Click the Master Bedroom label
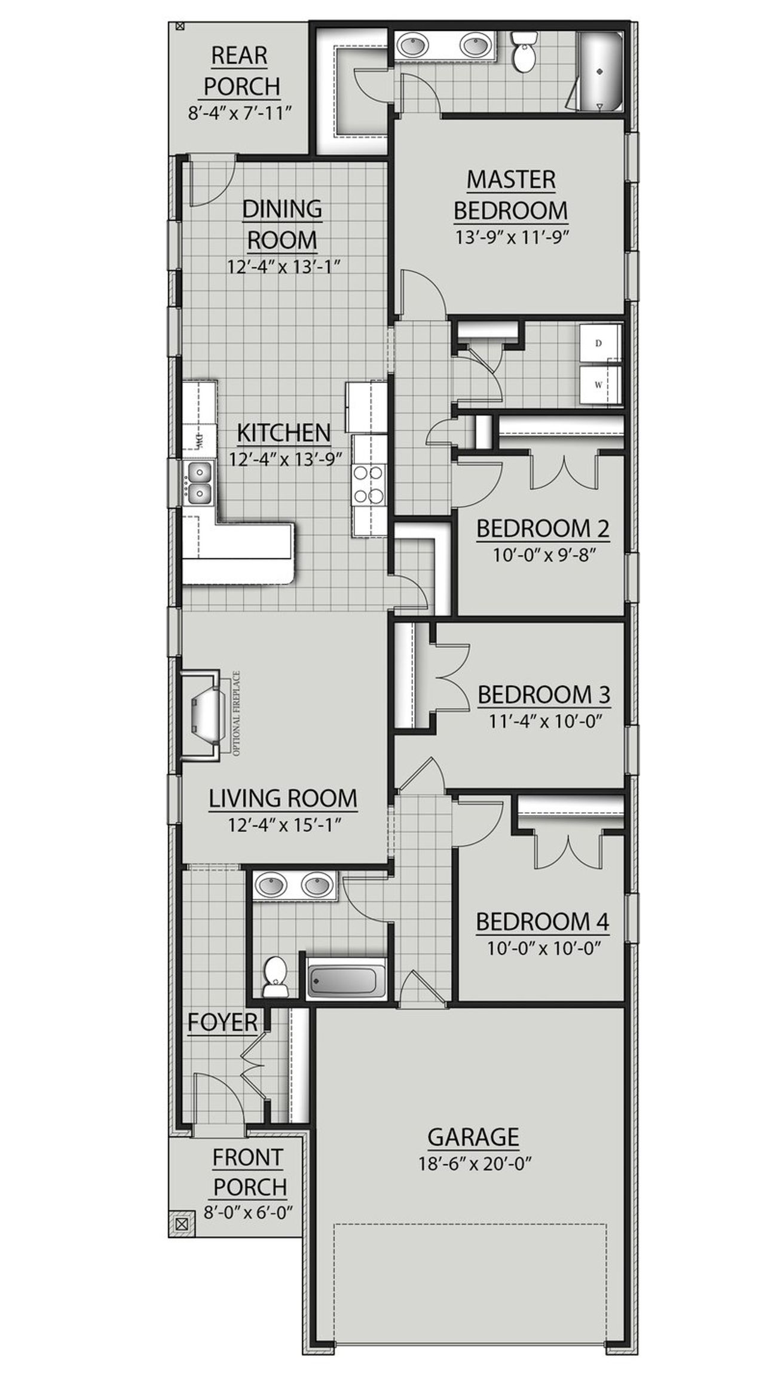[510, 194]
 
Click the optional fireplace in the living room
[203, 716]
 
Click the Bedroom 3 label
[543, 695]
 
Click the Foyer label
[222, 1022]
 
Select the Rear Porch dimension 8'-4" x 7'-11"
[243, 113]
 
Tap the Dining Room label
[282, 224]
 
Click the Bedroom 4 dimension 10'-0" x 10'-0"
[542, 948]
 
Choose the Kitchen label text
[284, 432]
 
